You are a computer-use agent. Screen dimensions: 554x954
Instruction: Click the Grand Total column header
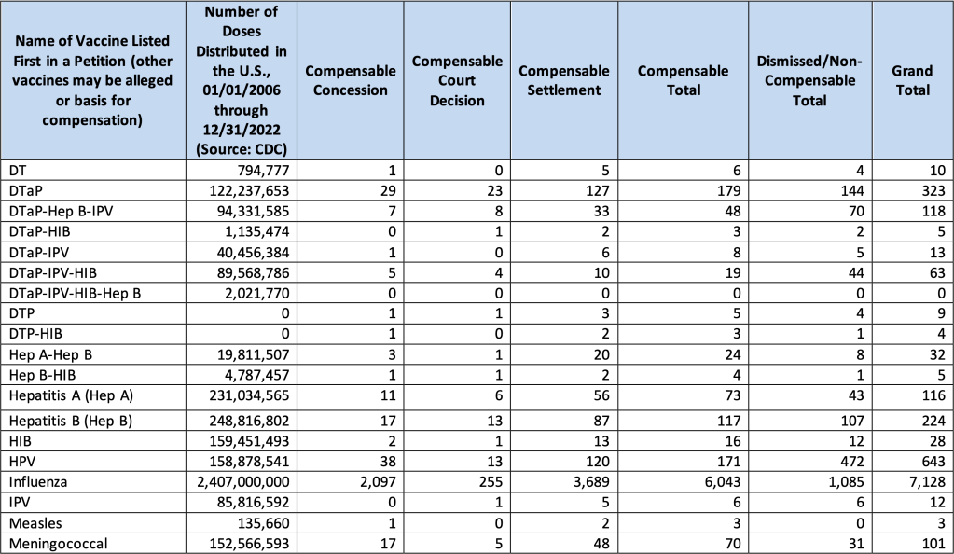(x=911, y=80)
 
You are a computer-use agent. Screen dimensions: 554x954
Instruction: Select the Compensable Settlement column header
(x=563, y=80)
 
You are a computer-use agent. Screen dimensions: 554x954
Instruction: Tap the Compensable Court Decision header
(x=457, y=80)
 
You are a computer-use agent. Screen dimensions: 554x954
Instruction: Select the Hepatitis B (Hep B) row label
(x=71, y=420)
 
